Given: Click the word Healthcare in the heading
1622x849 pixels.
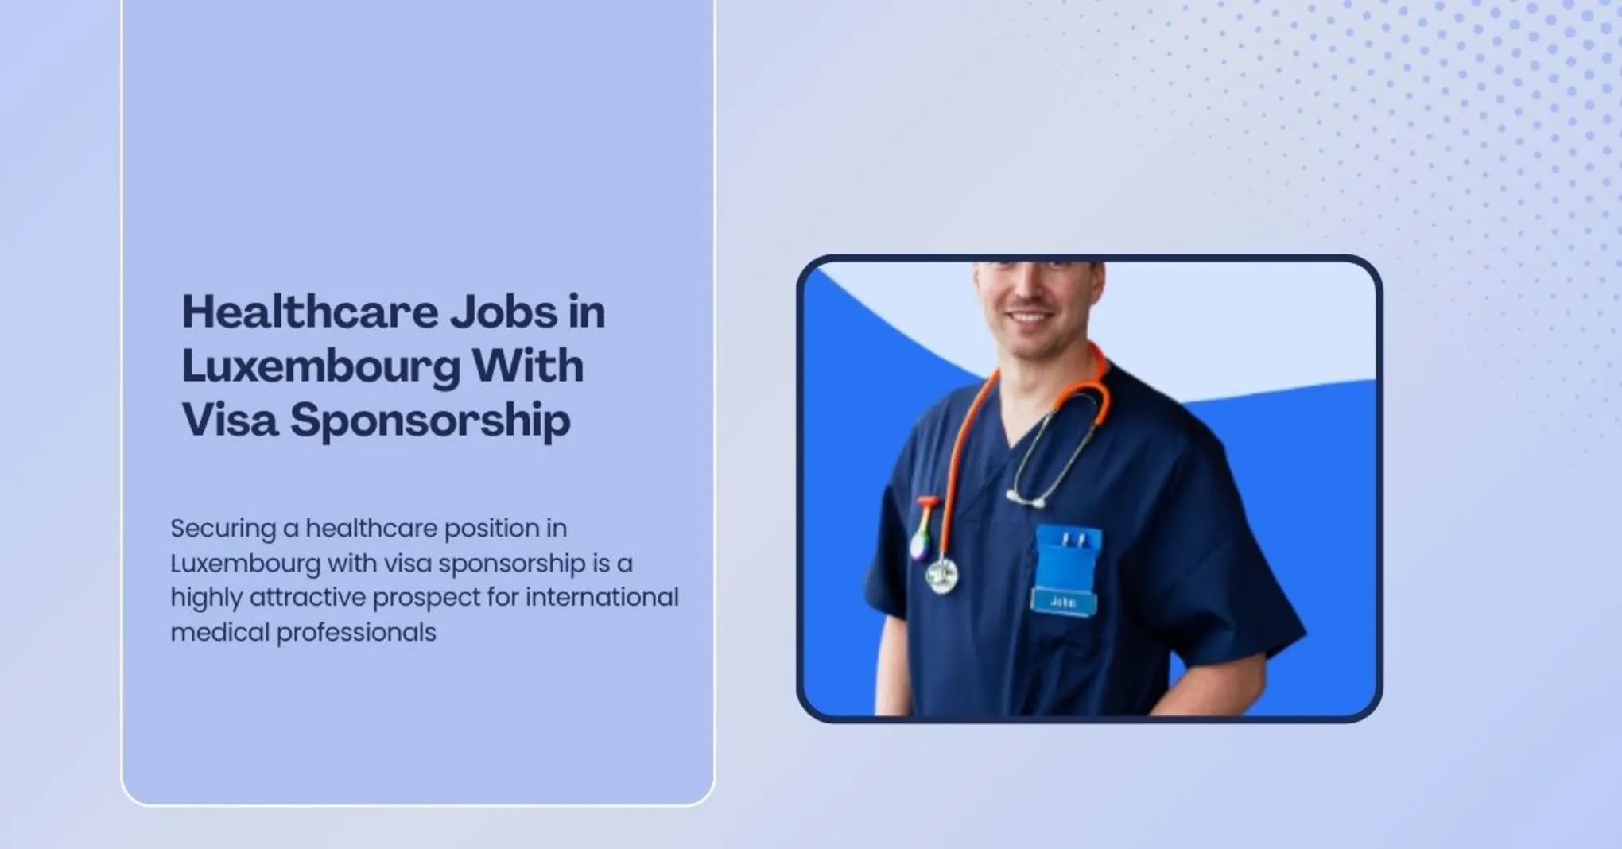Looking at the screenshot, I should (x=309, y=312).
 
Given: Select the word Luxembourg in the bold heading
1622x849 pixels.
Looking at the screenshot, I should (x=321, y=366).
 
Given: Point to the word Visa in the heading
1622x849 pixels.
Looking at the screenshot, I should (x=230, y=420).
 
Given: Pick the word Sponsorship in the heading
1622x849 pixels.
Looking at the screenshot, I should (x=430, y=421).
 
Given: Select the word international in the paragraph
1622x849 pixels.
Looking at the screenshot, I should (x=602, y=597).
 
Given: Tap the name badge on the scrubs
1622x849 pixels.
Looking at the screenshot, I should (x=1063, y=602).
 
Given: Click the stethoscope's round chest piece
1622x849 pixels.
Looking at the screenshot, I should (x=941, y=576).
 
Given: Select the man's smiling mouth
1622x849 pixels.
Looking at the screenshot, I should (x=1029, y=316).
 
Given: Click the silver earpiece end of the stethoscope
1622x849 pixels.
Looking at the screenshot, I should (x=1026, y=500).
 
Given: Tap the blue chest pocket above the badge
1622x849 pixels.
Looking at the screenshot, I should (x=1068, y=556).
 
